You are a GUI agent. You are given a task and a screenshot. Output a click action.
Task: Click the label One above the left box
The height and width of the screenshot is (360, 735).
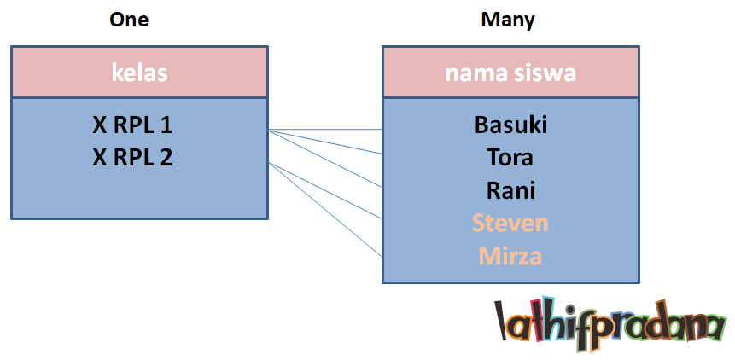129,20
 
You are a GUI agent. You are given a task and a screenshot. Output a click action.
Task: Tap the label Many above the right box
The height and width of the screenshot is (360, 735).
508,20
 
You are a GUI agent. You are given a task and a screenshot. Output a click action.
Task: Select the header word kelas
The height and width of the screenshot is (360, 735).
139,73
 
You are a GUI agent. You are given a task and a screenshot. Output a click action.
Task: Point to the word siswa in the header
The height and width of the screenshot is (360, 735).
545,73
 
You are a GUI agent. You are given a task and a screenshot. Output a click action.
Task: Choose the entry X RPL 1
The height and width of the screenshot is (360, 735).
132,125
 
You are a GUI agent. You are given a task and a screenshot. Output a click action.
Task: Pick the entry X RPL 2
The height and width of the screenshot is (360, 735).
132,157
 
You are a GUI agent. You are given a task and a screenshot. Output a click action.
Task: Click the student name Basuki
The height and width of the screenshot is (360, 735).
510,125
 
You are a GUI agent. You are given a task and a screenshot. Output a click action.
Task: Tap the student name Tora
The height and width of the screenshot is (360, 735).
510,158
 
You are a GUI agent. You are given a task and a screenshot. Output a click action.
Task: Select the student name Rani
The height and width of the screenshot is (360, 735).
510,189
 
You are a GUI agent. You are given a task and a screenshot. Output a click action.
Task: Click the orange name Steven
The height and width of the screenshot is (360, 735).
510,223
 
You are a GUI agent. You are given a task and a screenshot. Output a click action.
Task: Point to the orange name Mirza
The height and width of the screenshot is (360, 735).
510,255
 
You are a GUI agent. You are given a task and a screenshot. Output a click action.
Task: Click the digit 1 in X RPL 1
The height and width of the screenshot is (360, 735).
166,125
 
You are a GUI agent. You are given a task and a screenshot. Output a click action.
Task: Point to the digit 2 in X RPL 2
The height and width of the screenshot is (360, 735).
166,157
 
